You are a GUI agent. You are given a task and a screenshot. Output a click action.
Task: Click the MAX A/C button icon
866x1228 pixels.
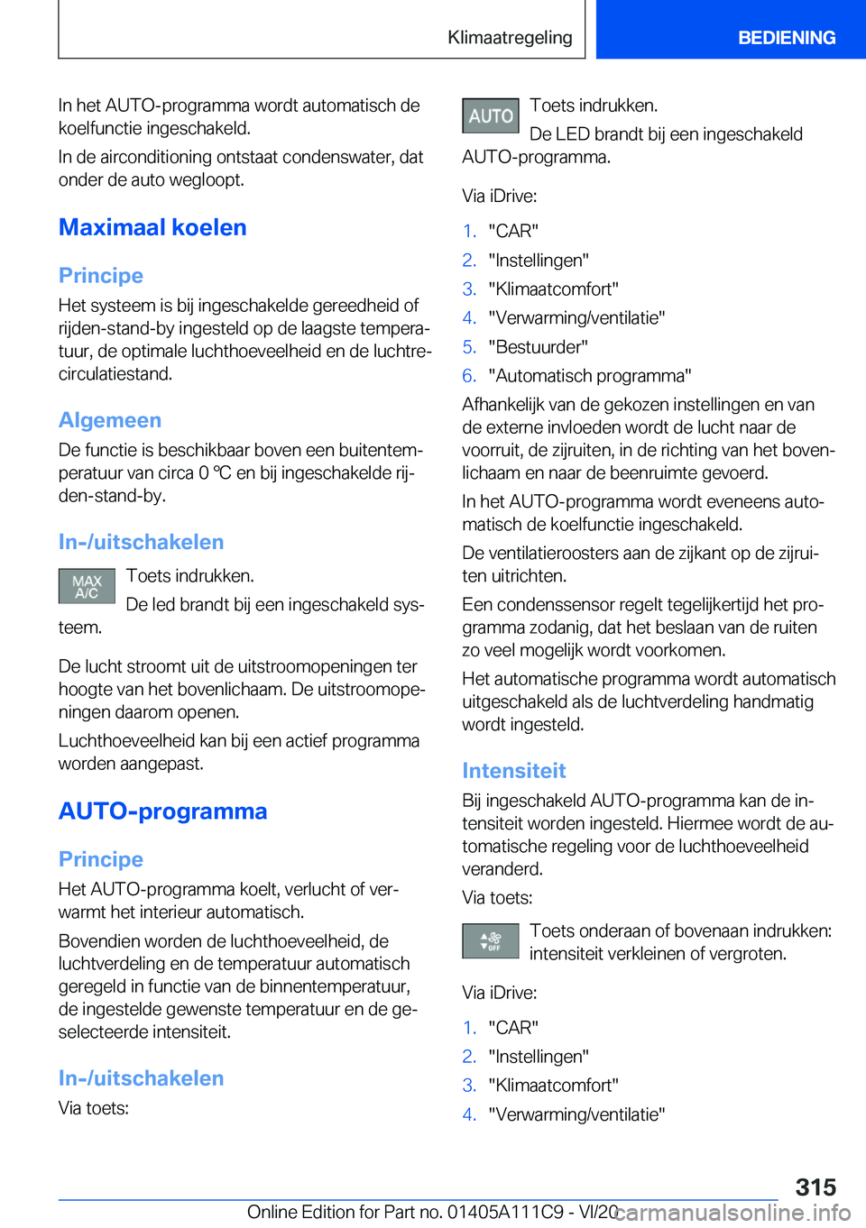click(87, 586)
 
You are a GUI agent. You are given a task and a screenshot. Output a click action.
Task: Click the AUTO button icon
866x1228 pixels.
click(490, 116)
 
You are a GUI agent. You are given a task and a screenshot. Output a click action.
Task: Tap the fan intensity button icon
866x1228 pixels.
click(490, 941)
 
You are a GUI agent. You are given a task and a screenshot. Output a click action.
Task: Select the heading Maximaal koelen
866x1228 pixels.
click(152, 227)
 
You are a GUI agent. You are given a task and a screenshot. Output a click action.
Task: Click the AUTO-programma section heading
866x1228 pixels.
click(162, 811)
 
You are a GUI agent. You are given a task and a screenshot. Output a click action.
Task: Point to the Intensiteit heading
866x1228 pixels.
click(513, 771)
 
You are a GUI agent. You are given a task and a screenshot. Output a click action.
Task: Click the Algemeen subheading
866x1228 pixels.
click(110, 420)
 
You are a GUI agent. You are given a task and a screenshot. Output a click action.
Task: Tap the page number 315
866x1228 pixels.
click(815, 1187)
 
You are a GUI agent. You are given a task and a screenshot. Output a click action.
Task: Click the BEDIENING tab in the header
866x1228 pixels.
click(786, 38)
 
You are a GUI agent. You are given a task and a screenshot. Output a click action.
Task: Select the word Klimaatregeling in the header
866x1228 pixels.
click(510, 38)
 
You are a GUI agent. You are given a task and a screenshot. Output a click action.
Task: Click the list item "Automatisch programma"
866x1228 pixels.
click(590, 376)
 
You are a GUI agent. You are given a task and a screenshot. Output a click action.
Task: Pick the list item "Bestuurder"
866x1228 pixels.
click(538, 347)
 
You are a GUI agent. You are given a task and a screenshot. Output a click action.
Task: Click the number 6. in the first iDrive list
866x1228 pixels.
click(469, 376)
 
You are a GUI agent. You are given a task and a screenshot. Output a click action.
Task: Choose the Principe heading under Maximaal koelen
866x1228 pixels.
click(101, 276)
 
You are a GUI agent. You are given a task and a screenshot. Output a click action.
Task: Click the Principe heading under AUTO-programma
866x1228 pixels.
click(101, 859)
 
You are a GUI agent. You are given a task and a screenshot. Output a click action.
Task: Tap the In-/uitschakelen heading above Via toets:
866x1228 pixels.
click(141, 1078)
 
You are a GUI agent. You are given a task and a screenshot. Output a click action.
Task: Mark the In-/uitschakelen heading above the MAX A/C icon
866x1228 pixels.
click(141, 542)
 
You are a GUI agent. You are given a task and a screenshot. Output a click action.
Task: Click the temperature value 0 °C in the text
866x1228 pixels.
click(215, 473)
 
